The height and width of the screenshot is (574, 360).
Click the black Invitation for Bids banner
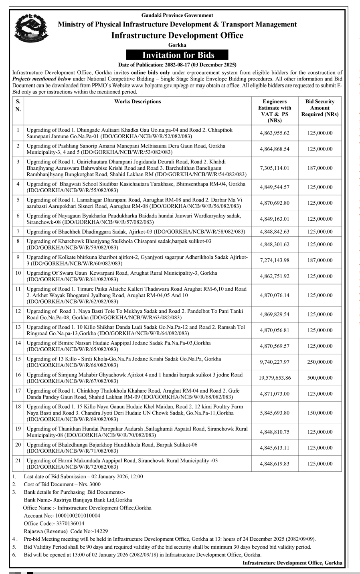[177, 55]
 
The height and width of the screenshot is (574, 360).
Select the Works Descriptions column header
[138, 102]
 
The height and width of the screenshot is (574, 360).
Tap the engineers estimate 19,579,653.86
[275, 378]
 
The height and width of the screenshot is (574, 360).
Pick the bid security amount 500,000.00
[320, 378]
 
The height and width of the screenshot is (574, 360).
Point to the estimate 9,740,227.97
[275, 362]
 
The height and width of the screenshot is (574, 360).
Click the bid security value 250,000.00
[320, 362]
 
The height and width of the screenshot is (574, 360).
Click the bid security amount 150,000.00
[320, 413]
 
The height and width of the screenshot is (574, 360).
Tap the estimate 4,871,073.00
[275, 394]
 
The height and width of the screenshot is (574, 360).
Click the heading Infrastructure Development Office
[177, 36]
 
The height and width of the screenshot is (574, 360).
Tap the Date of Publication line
[177, 64]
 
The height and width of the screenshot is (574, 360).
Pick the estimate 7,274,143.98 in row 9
[275, 260]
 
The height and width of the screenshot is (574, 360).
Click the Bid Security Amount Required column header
[320, 108]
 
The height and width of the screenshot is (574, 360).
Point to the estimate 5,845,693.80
[275, 413]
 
